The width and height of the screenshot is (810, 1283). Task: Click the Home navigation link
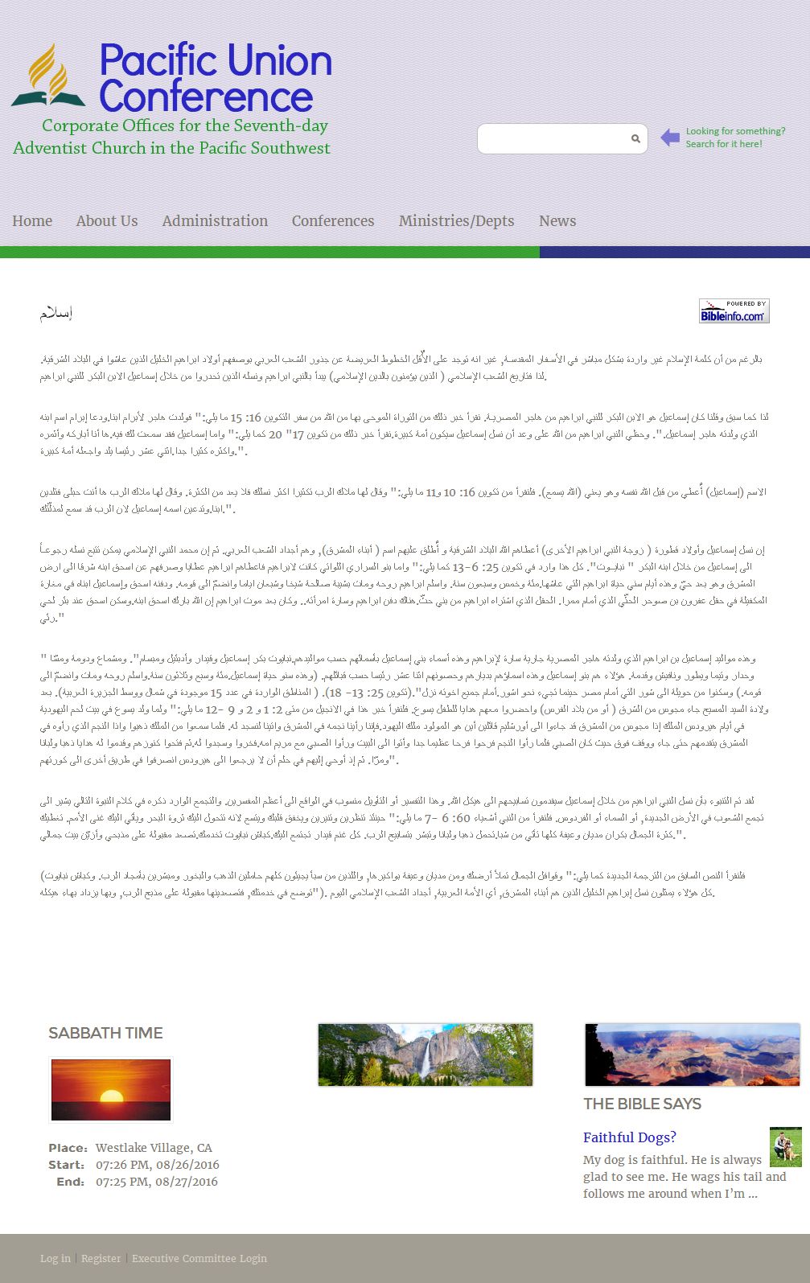click(32, 221)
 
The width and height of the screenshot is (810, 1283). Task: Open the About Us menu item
click(107, 221)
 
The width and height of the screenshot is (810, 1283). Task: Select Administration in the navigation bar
click(215, 221)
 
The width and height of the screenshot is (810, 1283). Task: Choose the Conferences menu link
click(333, 221)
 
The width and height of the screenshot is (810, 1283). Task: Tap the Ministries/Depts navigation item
click(456, 221)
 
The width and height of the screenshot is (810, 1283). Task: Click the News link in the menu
click(557, 221)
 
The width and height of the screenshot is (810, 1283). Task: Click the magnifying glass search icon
click(635, 139)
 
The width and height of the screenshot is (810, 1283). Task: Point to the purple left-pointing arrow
click(670, 138)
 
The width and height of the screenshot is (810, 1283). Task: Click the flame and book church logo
click(48, 76)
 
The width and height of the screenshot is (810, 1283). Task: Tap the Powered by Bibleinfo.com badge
click(734, 311)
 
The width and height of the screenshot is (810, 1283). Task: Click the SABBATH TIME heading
click(105, 1034)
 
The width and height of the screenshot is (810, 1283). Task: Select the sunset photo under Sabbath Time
click(111, 1089)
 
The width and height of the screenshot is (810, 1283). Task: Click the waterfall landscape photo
click(425, 1055)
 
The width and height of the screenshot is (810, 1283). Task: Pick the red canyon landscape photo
click(692, 1055)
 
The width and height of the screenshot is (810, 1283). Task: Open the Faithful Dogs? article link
click(629, 1137)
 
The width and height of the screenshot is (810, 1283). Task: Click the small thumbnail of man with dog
click(785, 1147)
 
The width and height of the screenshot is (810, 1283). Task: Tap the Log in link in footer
click(56, 1259)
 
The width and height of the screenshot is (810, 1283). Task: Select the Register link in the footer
click(101, 1259)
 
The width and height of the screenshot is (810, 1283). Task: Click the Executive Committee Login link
click(199, 1259)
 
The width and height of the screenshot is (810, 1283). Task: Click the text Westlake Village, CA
click(154, 1148)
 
